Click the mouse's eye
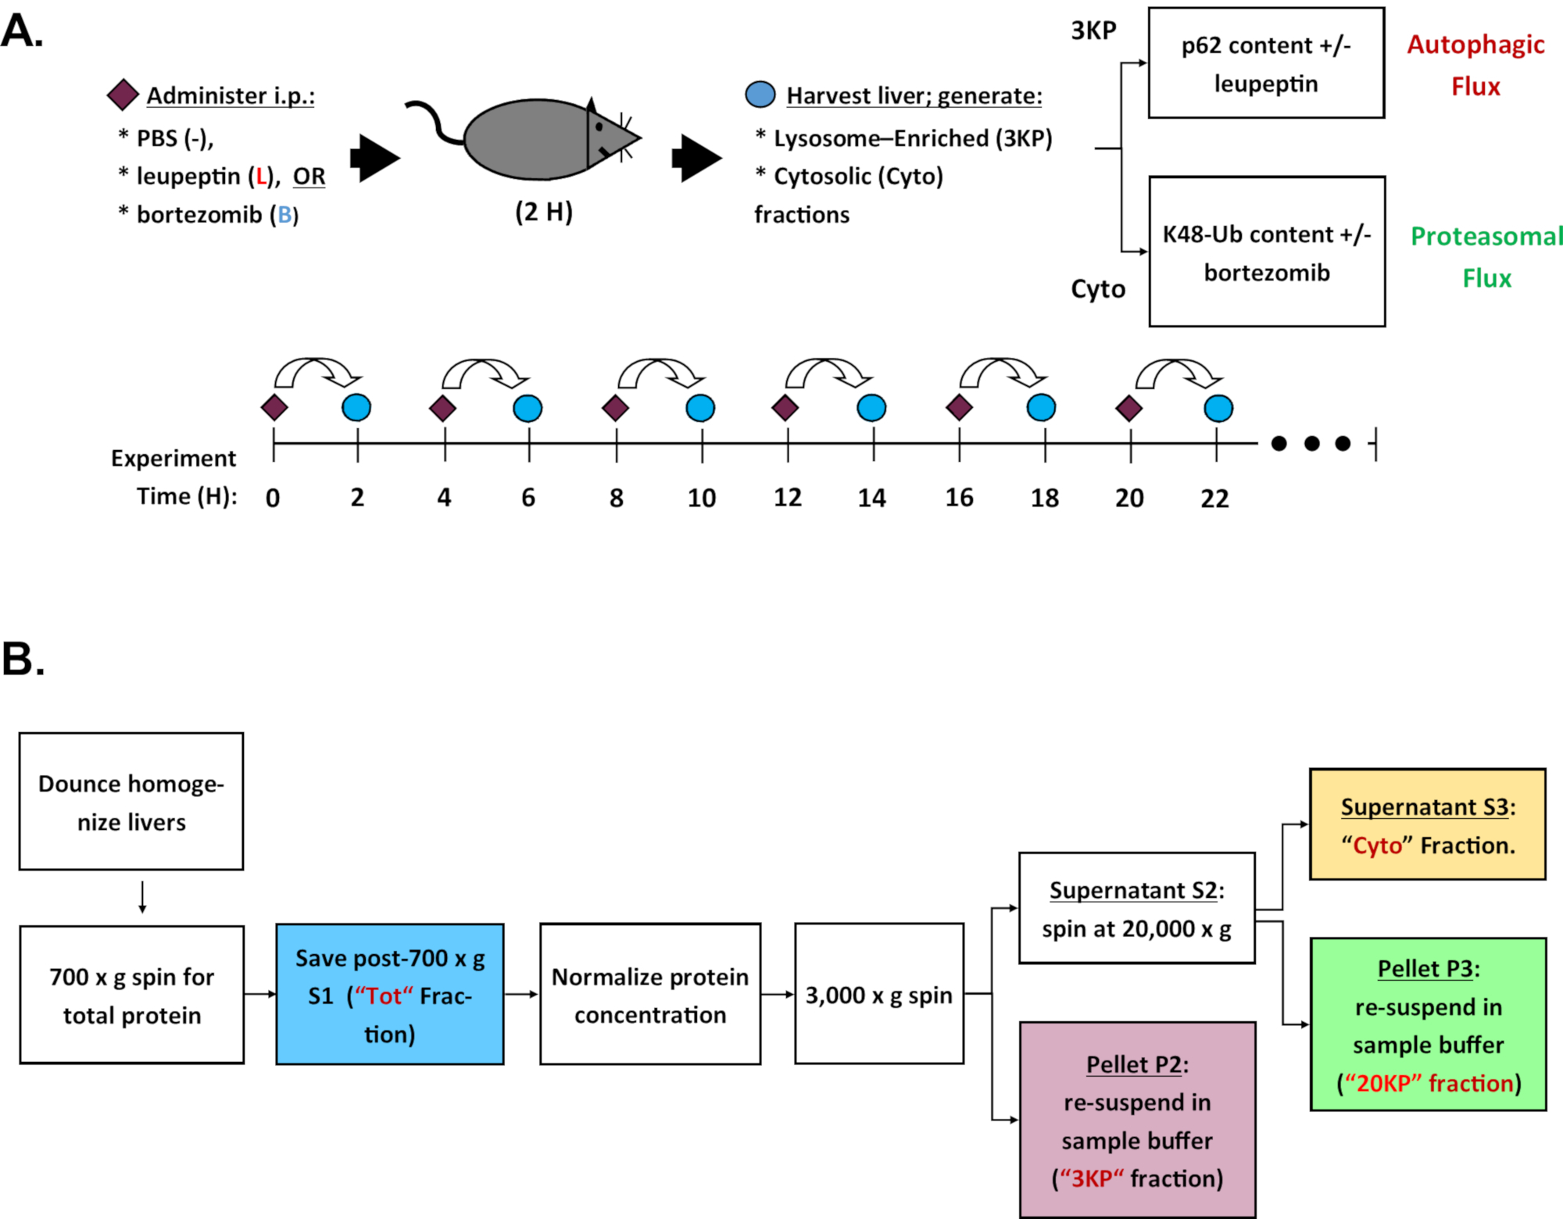point(599,127)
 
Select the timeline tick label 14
point(872,498)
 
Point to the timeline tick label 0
point(273,498)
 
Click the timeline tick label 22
point(1214,498)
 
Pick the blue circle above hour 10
point(700,408)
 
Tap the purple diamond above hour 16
point(959,407)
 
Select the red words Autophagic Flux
point(1475,65)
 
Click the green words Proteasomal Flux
point(1486,257)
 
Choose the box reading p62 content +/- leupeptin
point(1266,63)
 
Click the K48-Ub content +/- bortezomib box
point(1267,252)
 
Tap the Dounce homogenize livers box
point(131,802)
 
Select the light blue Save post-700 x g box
point(390,995)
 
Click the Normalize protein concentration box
point(650,995)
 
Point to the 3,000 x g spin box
point(879,994)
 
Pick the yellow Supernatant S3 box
point(1428,825)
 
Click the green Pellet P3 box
point(1428,1024)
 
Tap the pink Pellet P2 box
point(1138,1120)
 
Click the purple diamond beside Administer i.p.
point(123,95)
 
